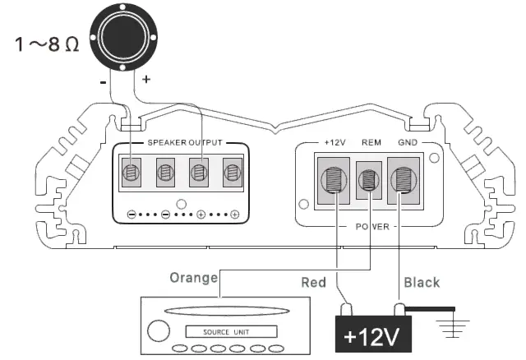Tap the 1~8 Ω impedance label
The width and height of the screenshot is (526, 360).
tap(48, 44)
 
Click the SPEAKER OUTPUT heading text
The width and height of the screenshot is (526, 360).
tap(185, 142)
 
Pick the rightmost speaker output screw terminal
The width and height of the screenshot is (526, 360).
tap(233, 173)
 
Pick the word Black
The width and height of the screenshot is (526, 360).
tap(422, 282)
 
